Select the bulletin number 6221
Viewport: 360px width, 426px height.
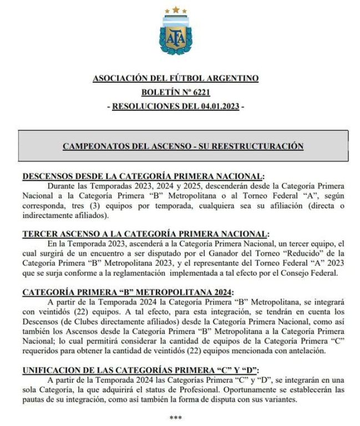tap(199, 92)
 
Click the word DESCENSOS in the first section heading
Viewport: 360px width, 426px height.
tap(45, 176)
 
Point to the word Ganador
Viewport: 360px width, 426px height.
tap(229, 254)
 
